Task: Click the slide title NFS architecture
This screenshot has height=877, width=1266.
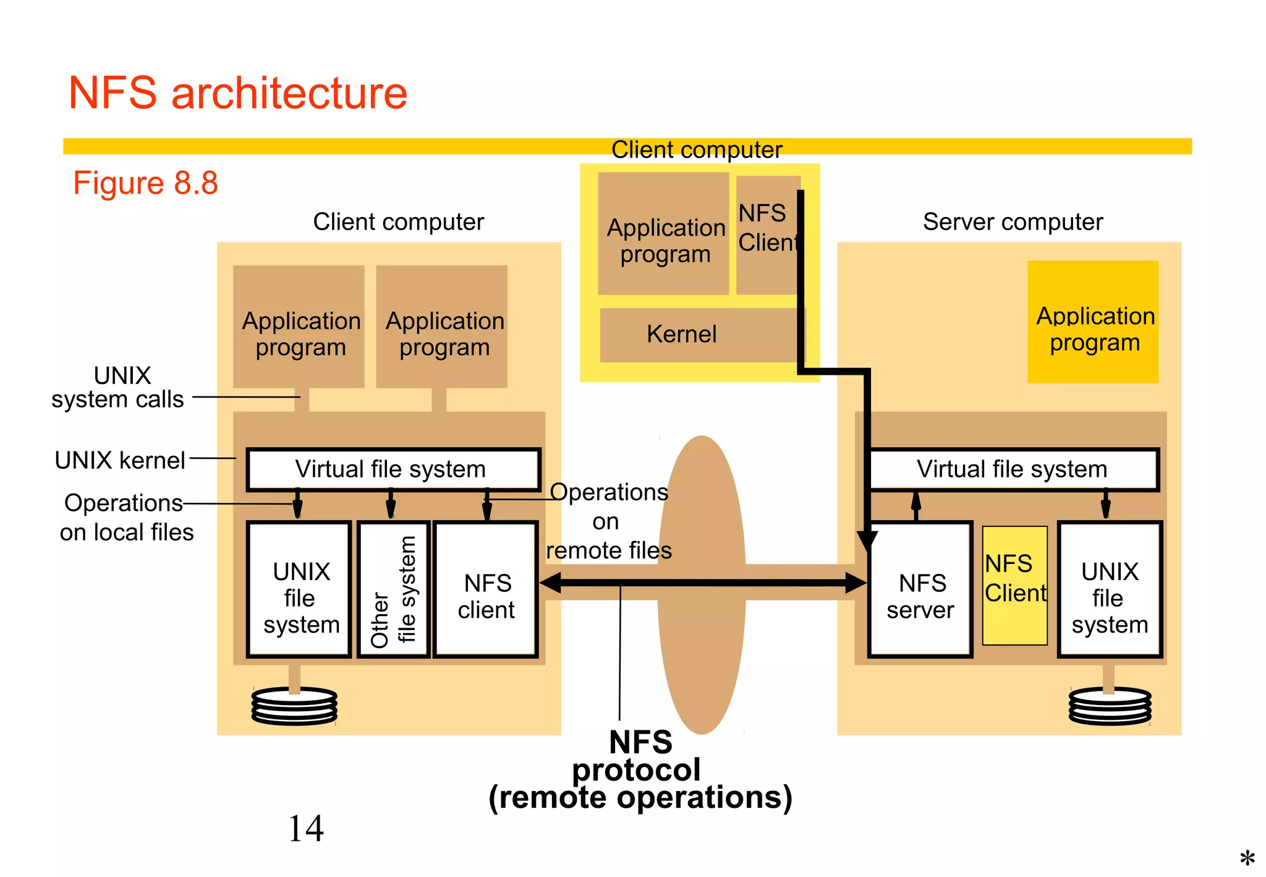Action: tap(238, 93)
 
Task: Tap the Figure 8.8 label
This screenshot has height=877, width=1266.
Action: tap(146, 183)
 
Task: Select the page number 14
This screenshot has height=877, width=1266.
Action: tap(306, 829)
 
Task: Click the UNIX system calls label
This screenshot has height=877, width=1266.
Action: tap(118, 387)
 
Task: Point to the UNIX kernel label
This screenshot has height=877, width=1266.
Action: tap(120, 461)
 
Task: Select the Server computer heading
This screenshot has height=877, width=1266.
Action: tap(1013, 222)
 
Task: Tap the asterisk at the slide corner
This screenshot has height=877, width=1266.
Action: tap(1247, 858)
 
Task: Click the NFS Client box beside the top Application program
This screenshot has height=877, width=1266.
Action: tap(765, 229)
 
